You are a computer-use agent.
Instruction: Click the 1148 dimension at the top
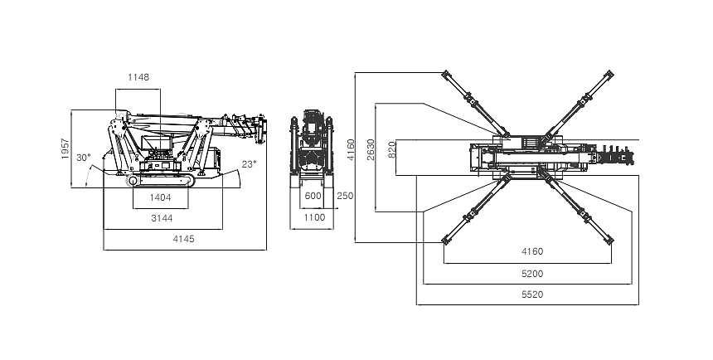[138, 77]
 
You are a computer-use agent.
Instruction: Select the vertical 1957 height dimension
[65, 148]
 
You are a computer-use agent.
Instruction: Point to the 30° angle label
[83, 157]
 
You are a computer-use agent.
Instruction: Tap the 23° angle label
[250, 163]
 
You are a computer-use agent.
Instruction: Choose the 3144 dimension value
[162, 219]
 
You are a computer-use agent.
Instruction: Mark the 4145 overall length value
[184, 239]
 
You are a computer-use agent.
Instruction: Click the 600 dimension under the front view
[313, 196]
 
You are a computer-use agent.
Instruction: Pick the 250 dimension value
[346, 196]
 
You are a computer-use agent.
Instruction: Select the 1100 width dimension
[313, 217]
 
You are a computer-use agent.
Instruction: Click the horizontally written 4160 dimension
[532, 251]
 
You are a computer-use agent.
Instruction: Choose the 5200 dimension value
[532, 273]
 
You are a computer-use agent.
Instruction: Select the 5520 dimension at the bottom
[532, 294]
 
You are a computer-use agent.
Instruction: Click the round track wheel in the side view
[133, 182]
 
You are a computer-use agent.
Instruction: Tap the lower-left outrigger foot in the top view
[446, 241]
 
